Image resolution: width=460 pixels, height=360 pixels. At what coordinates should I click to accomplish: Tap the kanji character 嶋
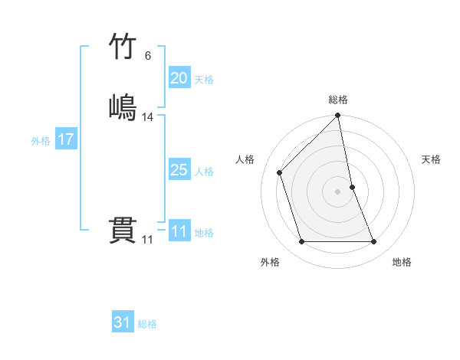click(123, 107)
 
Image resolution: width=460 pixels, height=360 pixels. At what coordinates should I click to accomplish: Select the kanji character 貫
click(123, 231)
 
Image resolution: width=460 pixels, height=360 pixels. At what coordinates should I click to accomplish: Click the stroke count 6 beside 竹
click(147, 56)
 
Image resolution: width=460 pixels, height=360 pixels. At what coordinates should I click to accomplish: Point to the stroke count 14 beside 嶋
click(148, 117)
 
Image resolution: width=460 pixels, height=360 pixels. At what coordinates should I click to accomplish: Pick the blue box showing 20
click(179, 78)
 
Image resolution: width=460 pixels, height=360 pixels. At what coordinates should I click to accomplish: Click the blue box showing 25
click(179, 170)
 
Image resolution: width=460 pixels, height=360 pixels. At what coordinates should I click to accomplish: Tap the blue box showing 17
click(65, 139)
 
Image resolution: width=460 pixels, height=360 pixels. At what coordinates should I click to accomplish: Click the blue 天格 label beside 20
click(204, 80)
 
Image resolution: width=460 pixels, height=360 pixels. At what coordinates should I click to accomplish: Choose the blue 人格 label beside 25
click(204, 172)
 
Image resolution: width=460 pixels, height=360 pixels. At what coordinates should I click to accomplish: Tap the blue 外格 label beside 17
click(41, 141)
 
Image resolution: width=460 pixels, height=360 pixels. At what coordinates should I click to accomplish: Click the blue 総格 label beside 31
click(147, 324)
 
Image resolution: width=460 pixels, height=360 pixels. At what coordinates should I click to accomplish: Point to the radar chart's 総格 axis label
click(338, 100)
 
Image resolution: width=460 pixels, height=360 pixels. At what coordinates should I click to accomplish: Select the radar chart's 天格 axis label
click(432, 159)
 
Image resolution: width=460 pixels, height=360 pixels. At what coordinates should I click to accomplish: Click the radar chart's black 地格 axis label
click(402, 262)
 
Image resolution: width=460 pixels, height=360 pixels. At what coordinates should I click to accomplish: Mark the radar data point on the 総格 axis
click(338, 116)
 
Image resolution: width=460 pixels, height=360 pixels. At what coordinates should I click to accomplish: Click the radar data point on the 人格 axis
click(280, 172)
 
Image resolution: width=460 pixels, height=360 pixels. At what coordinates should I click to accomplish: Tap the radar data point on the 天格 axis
click(352, 187)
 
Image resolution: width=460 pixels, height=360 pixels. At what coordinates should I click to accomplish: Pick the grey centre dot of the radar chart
click(338, 191)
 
